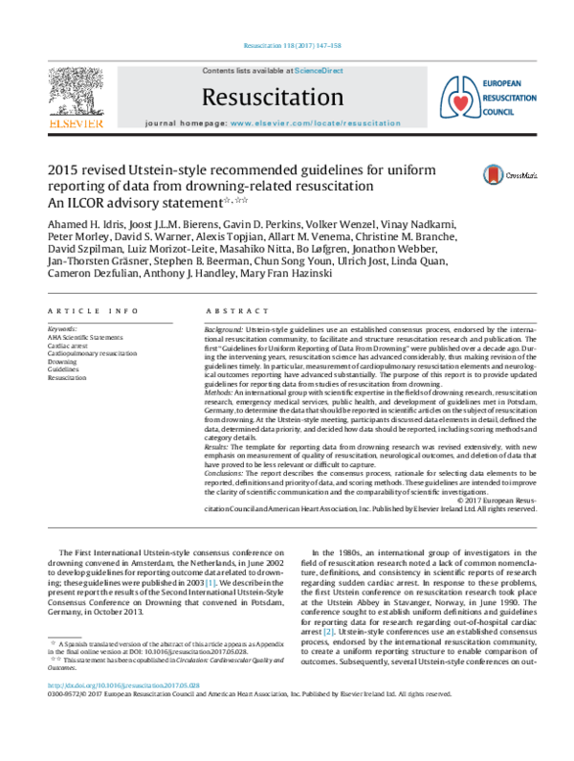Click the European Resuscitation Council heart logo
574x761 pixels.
pos(454,97)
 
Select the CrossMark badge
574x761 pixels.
pos(503,175)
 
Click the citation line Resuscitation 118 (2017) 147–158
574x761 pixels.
pos(286,46)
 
